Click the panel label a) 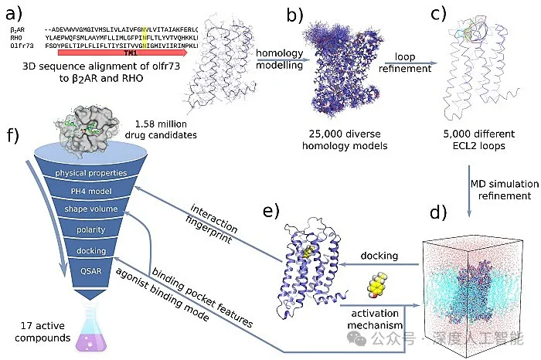click(x=14, y=12)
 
